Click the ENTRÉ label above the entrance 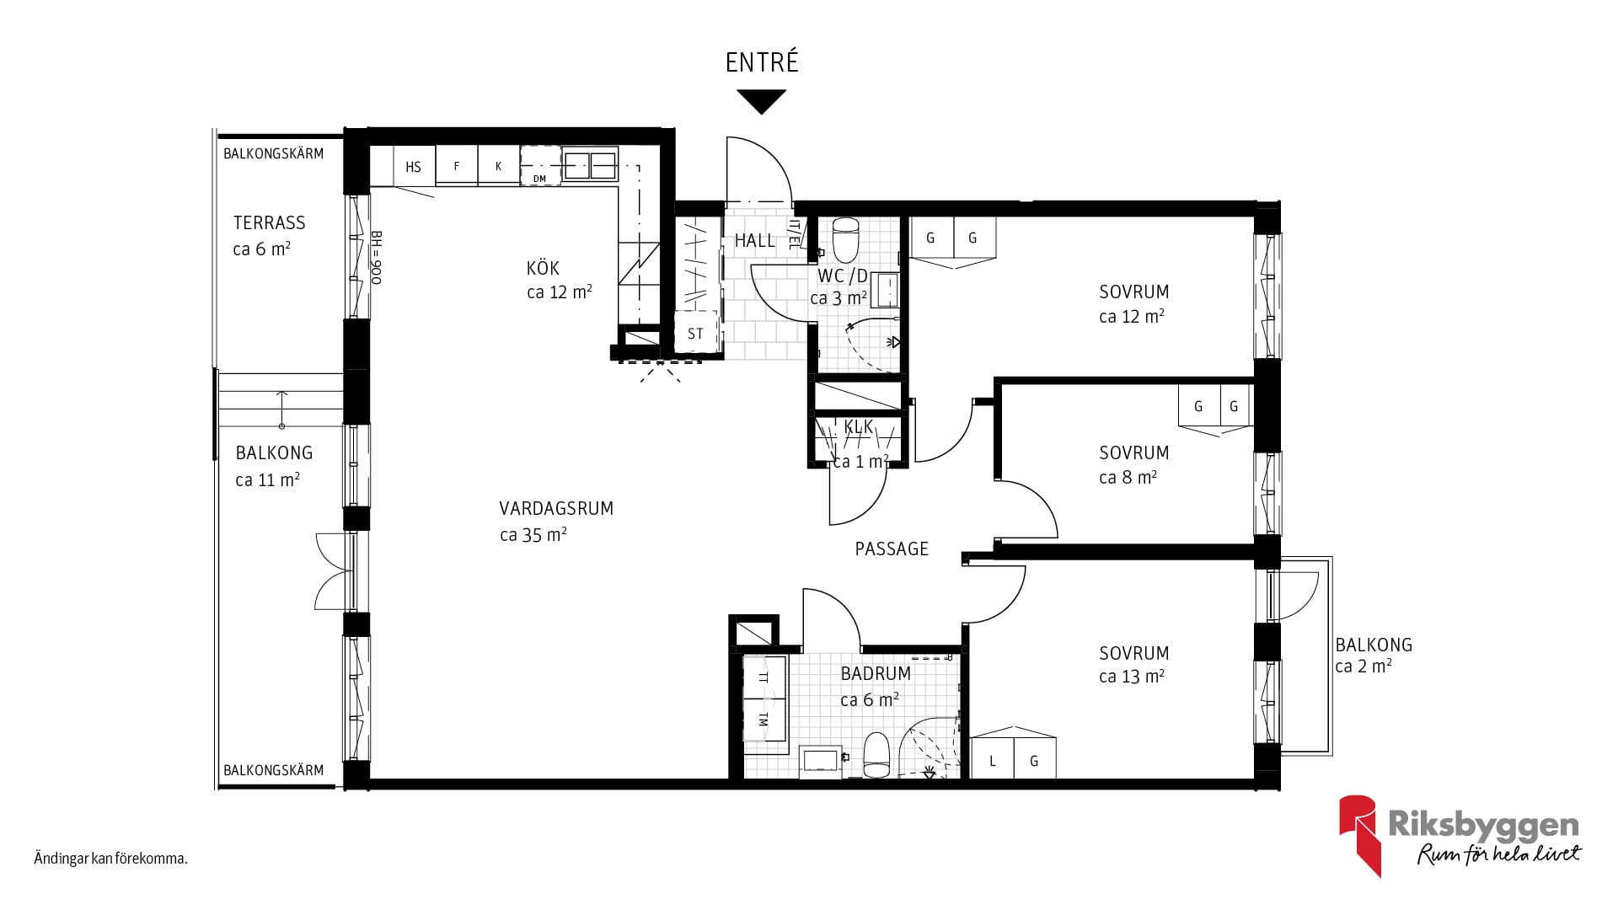762,62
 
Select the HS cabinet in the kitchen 413,166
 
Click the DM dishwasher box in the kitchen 540,166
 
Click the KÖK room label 543,269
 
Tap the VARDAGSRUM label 556,508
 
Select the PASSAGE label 892,549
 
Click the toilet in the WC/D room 844,240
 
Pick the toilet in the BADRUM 876,755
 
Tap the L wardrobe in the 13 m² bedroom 992,759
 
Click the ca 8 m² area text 1128,478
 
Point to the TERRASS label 270,223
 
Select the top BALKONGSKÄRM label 274,154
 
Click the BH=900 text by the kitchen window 377,258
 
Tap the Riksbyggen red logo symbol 1358,835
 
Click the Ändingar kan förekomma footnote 110,859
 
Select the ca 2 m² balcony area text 1364,666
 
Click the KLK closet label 859,427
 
